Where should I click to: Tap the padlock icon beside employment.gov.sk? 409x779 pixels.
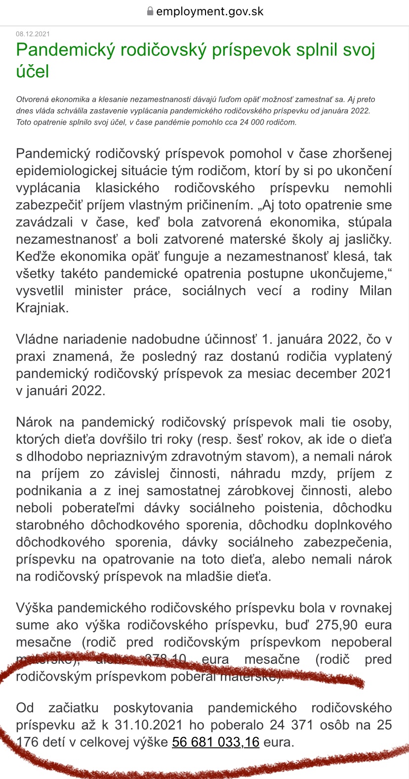[150, 12]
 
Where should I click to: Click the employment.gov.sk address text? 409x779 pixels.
[209, 12]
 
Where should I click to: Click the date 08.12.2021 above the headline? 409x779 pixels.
[33, 34]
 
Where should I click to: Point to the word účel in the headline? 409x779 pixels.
[33, 72]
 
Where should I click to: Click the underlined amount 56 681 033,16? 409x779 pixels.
[215, 742]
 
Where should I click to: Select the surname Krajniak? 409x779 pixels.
[42, 308]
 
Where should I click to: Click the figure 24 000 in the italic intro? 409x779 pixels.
[240, 122]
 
